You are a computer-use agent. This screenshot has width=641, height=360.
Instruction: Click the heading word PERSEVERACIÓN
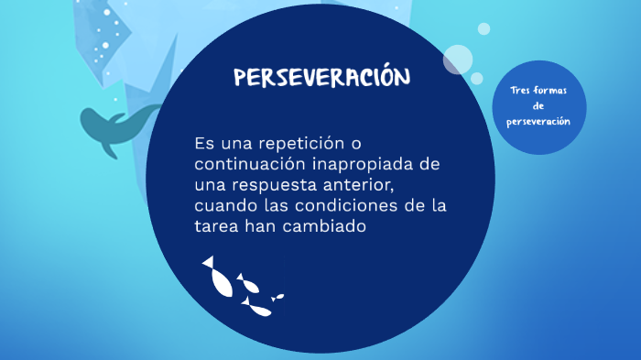coord(322,78)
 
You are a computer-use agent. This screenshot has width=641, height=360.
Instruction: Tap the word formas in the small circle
coord(551,89)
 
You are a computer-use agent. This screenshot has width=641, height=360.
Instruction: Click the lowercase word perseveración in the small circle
coord(538,122)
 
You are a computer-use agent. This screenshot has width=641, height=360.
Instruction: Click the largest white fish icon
coord(220,278)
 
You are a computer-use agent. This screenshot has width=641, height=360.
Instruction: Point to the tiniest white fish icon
coord(277,296)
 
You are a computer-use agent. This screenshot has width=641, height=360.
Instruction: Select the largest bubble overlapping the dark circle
coord(457,60)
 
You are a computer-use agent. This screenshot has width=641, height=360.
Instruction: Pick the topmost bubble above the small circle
coord(483,29)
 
